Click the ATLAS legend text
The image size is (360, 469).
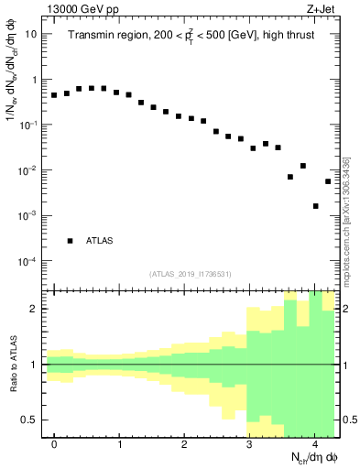100,241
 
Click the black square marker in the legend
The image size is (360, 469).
70,241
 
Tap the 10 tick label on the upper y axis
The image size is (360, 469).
31,34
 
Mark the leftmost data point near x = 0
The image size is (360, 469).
54,95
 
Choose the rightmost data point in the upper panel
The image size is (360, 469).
328,181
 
